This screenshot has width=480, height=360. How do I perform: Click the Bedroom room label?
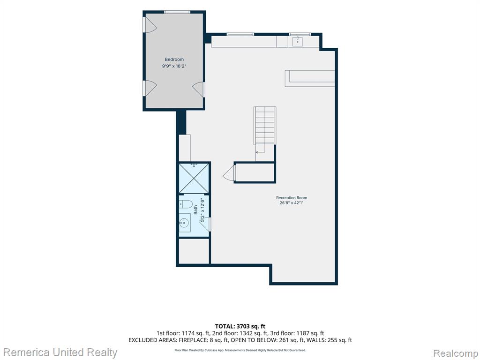point(174,60)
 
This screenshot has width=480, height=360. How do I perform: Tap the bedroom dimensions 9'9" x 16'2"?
point(174,66)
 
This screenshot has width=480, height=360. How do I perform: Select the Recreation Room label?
point(292,198)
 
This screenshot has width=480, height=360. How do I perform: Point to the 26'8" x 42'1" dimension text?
point(292,202)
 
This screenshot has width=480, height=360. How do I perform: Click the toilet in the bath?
point(186,203)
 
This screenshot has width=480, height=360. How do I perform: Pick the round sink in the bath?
point(185,222)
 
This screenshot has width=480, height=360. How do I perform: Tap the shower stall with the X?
point(194,179)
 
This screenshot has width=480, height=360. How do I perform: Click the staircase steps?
point(265,125)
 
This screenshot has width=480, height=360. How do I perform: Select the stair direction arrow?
point(261,152)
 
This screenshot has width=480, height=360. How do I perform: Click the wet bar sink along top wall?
point(298,41)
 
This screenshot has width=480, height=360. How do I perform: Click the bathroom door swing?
point(205,224)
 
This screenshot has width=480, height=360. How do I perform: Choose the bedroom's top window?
point(177,12)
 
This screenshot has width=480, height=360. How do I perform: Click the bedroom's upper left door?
point(150,24)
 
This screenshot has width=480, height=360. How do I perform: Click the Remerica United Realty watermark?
point(60,352)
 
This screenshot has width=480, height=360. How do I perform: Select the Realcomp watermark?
point(456,353)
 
